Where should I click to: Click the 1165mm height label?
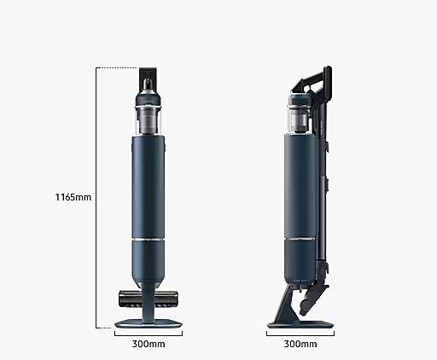[x=73, y=197]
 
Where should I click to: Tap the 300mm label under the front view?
[x=149, y=344]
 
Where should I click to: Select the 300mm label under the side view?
[x=300, y=344]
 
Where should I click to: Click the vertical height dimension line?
[x=96, y=198]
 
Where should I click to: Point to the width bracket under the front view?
[x=149, y=335]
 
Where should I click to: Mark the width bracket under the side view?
[x=300, y=335]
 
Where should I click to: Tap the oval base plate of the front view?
[x=149, y=324]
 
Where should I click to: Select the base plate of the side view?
[x=300, y=324]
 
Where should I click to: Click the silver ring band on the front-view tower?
[x=149, y=239]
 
